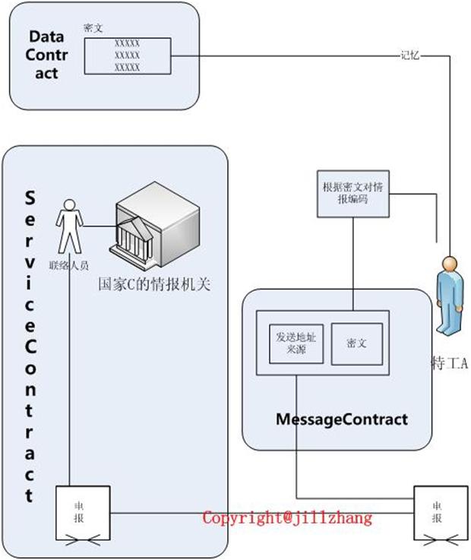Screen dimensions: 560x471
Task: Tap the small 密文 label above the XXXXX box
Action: pyautogui.click(x=93, y=28)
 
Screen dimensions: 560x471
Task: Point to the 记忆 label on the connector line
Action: pyautogui.click(x=409, y=55)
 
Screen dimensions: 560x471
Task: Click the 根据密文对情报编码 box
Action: pyautogui.click(x=352, y=194)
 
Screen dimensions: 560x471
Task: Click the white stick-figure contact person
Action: pyautogui.click(x=69, y=226)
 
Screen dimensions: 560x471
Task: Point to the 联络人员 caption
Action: pyautogui.click(x=69, y=265)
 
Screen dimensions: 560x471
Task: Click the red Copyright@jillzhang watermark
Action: pyautogui.click(x=287, y=518)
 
